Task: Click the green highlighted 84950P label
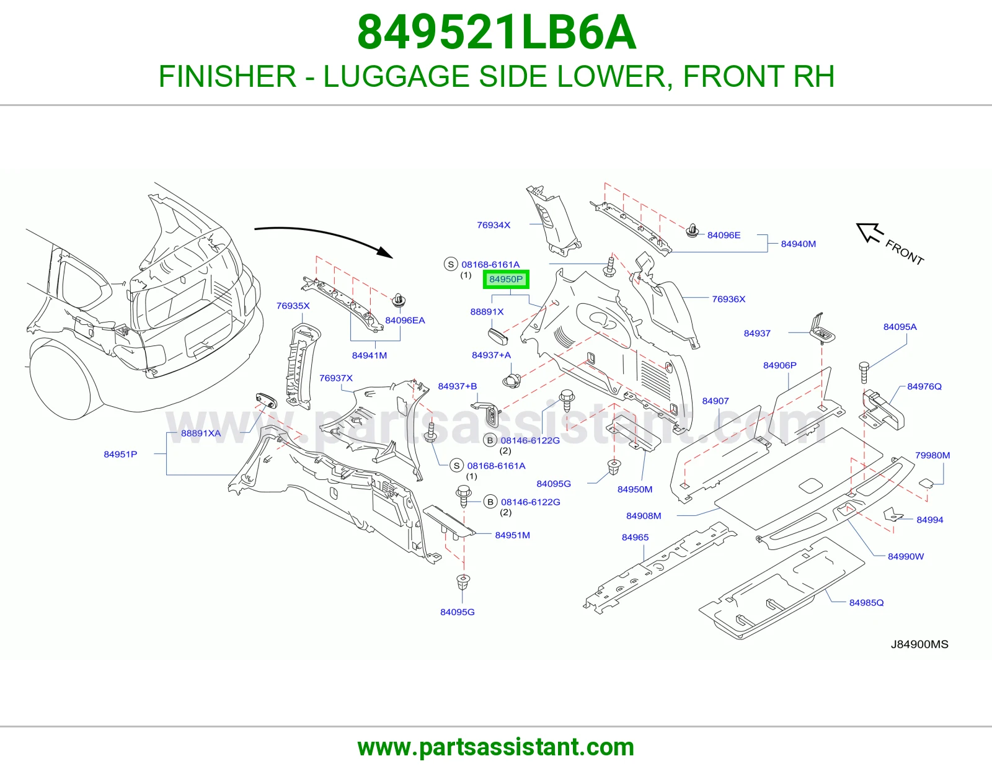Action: point(506,279)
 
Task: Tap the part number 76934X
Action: point(494,225)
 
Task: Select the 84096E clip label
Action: point(724,235)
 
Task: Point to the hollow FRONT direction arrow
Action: point(869,233)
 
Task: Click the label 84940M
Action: point(799,244)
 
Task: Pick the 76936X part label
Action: point(728,299)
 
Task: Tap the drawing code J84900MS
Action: point(919,644)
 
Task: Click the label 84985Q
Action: point(867,603)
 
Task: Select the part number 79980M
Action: point(932,455)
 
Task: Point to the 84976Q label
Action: point(924,386)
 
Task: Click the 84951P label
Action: point(120,455)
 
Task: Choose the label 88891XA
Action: point(201,433)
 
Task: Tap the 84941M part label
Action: point(370,355)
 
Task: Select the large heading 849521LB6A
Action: point(496,33)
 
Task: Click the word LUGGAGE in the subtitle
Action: point(396,76)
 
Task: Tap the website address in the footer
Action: point(496,747)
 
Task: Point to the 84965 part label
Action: point(635,538)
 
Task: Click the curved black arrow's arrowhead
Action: point(385,252)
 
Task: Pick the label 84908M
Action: point(644,516)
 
